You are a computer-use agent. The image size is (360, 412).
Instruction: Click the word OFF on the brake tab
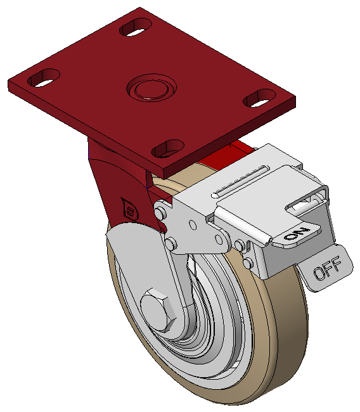pos(328,268)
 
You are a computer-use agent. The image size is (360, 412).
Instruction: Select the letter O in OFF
pos(320,273)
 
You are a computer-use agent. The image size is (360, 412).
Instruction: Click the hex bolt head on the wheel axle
pos(158,311)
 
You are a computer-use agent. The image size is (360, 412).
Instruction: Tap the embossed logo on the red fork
pos(129,209)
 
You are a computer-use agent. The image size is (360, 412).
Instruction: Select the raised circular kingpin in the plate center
pos(151,87)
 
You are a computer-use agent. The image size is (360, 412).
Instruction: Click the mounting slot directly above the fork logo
pos(168,148)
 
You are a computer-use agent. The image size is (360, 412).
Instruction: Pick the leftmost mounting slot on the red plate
pos(44,78)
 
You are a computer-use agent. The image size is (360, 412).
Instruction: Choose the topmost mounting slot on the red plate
pos(136,27)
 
